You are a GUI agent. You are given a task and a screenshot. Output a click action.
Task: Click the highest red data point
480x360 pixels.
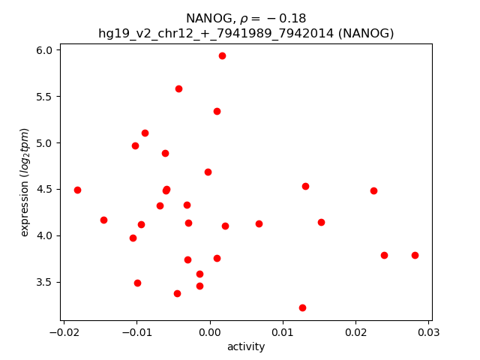222,55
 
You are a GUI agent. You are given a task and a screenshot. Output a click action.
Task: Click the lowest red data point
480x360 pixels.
302,307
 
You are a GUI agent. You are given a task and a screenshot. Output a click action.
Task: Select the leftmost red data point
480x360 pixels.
77,190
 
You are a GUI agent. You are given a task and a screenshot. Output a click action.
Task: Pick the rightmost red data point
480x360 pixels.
415,255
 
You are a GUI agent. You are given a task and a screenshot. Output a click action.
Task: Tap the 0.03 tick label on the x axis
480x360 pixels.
428,331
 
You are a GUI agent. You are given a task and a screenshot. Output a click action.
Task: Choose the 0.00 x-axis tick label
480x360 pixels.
209,331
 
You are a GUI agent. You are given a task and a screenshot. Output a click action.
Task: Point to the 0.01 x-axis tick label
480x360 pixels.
283,331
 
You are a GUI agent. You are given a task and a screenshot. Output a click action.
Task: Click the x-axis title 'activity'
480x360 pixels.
246,346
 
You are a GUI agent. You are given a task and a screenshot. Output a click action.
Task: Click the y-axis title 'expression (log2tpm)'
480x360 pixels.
25,182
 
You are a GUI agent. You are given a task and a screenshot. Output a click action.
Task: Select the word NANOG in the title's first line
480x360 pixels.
205,19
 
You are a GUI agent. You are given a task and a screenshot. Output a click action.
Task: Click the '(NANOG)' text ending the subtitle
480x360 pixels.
365,34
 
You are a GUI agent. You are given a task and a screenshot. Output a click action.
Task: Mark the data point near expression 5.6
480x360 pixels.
178,88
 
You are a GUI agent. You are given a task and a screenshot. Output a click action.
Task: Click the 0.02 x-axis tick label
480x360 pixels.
355,331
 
